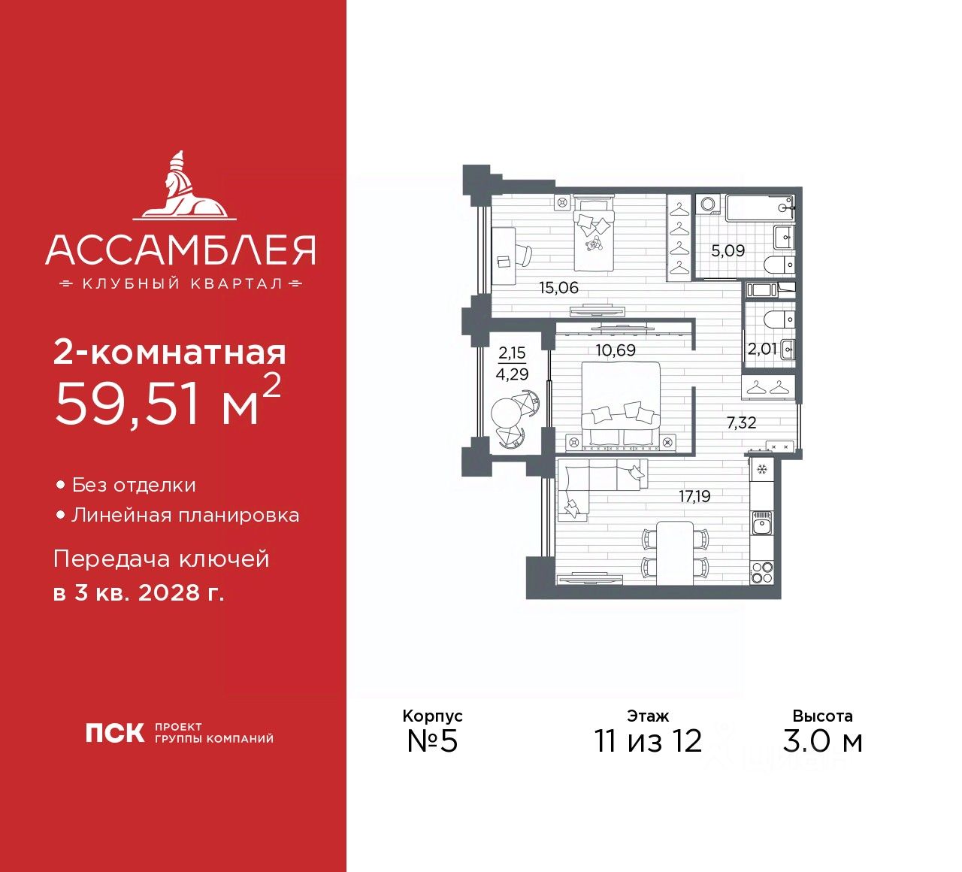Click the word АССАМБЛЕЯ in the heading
click(180, 250)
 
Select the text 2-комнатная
click(170, 353)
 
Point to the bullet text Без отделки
click(134, 486)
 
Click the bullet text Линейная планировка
click(185, 516)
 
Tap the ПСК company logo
click(114, 733)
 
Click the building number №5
click(432, 741)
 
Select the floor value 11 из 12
click(648, 741)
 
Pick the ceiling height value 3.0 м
click(822, 741)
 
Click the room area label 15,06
click(558, 287)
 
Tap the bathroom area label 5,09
click(728, 250)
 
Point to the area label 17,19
click(694, 496)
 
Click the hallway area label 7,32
click(741, 422)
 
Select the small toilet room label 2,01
click(761, 349)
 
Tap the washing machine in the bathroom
click(708, 205)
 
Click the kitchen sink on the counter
click(761, 522)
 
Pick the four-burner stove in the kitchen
click(761, 571)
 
